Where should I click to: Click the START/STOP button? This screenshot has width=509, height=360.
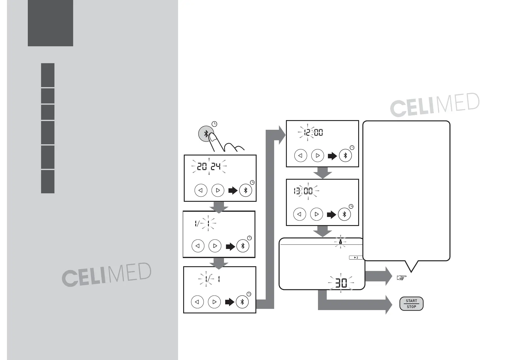(411, 304)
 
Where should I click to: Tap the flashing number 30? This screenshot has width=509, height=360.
(341, 283)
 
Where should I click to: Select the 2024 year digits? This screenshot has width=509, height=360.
(209, 166)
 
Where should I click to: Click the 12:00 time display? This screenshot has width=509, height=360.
(313, 132)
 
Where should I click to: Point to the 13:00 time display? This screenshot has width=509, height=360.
(303, 191)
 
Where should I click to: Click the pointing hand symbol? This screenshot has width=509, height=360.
(401, 277)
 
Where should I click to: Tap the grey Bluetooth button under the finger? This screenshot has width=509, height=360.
(206, 133)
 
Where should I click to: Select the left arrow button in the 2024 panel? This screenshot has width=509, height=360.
(201, 190)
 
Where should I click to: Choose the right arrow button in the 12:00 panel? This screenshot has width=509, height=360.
(318, 155)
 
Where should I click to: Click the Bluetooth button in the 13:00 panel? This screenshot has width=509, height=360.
(344, 214)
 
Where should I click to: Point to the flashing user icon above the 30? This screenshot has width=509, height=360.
(341, 241)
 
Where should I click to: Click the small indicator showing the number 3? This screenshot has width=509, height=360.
(356, 257)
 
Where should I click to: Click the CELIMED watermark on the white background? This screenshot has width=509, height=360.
(434, 105)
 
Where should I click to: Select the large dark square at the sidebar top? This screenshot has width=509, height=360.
(50, 23)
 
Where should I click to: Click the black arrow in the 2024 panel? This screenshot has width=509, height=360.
(233, 191)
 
